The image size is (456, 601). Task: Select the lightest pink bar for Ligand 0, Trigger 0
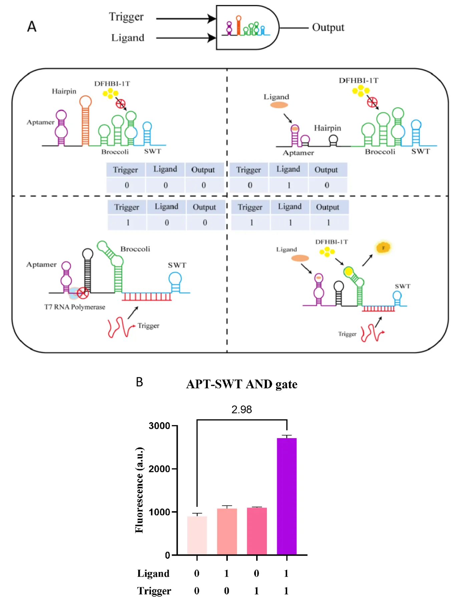tap(197, 535)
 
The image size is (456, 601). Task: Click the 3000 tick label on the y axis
tap(159, 426)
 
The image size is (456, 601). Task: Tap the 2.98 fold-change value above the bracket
tap(242, 409)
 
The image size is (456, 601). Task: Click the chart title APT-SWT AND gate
tap(242, 384)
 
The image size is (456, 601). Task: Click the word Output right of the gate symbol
tap(328, 27)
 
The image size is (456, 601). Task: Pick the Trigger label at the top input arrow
tap(126, 17)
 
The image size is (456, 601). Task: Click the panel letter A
tap(32, 26)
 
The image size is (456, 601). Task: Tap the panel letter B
tap(139, 382)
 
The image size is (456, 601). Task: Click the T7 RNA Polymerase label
tap(75, 307)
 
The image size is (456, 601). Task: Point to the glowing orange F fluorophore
tap(383, 248)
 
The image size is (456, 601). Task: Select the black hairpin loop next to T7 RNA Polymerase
tap(88, 255)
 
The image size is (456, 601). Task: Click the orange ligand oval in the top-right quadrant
tap(279, 105)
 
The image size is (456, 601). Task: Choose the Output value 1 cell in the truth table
tap(329, 223)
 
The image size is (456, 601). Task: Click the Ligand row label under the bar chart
tap(153, 573)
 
